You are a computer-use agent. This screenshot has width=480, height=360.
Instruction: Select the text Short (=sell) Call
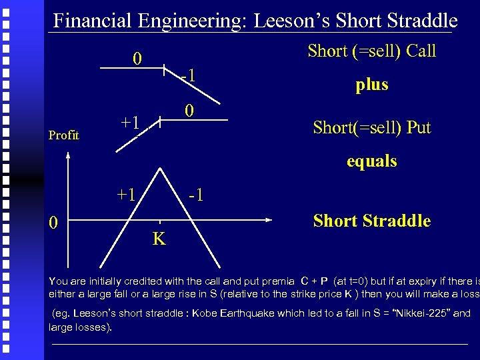point(371,51)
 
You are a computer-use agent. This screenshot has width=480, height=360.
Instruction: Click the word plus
point(371,85)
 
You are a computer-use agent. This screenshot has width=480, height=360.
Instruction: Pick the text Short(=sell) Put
point(371,127)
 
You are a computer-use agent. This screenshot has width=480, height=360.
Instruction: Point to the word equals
point(371,161)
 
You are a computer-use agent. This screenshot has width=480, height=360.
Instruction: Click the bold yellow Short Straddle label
point(371,221)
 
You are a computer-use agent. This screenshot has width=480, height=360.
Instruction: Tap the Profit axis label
point(64,135)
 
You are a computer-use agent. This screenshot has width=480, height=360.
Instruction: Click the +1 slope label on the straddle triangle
point(126,195)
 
